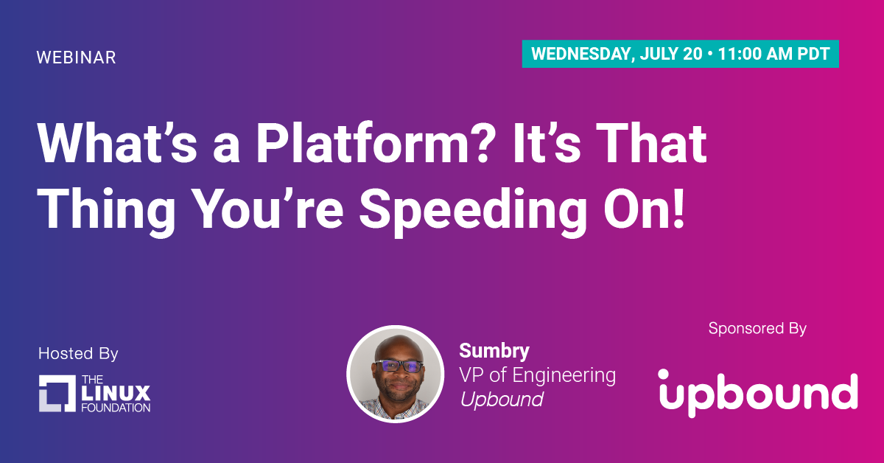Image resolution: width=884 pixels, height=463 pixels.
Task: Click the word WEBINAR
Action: [76, 58]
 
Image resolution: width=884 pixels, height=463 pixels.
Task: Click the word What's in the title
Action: [117, 143]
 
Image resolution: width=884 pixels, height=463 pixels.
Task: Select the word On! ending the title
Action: [644, 209]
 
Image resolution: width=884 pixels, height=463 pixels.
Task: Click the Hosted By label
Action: [78, 354]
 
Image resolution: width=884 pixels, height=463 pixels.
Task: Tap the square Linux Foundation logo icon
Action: [57, 394]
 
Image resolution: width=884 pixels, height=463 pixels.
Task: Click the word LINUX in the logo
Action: [116, 394]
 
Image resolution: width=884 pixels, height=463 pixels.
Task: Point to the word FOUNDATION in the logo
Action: [116, 408]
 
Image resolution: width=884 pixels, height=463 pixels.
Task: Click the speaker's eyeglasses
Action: [399, 366]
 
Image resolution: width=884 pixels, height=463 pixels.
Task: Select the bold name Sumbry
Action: [494, 351]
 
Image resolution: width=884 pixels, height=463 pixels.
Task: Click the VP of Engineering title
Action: [537, 375]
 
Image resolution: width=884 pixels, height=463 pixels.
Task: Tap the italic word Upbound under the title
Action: [502, 399]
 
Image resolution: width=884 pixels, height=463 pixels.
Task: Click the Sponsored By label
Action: [757, 328]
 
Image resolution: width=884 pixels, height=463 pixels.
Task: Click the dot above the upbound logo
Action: [664, 374]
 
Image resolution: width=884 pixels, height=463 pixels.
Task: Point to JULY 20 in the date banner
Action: [671, 54]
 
